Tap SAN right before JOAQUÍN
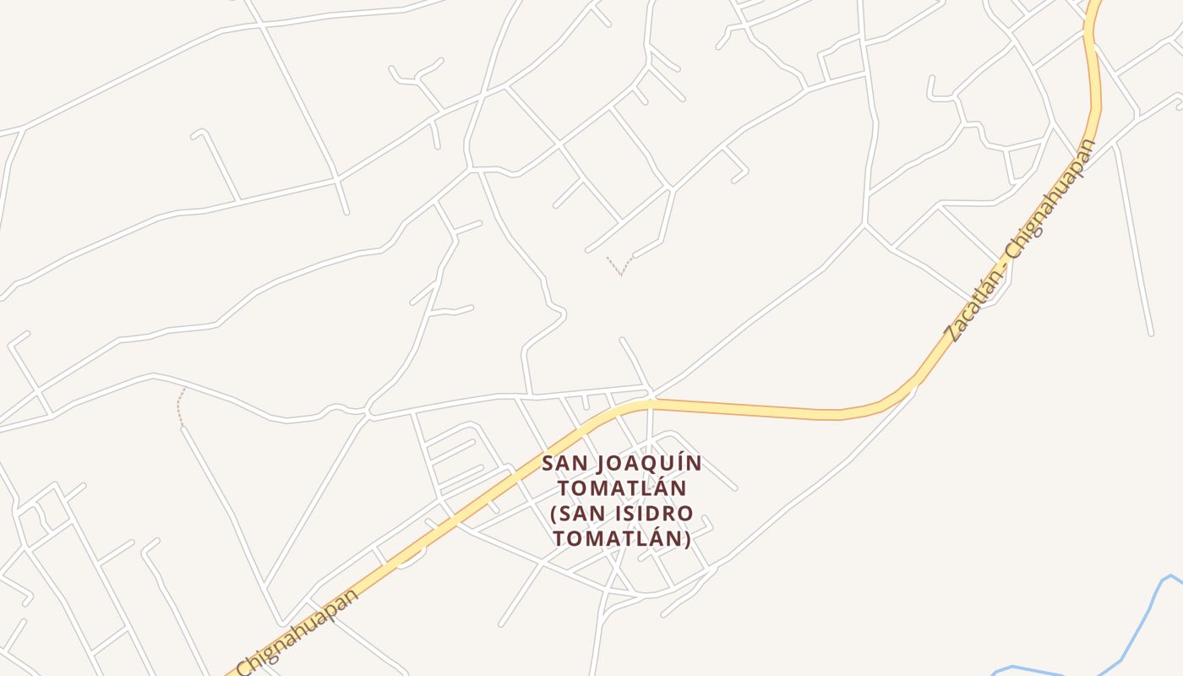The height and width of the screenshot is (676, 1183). point(564,464)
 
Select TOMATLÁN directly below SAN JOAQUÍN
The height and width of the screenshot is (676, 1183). point(622,488)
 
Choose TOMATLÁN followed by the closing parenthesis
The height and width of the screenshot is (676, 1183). point(617,538)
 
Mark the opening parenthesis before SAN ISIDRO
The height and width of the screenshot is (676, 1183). point(554,514)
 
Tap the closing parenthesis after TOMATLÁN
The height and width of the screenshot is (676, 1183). point(688,538)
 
